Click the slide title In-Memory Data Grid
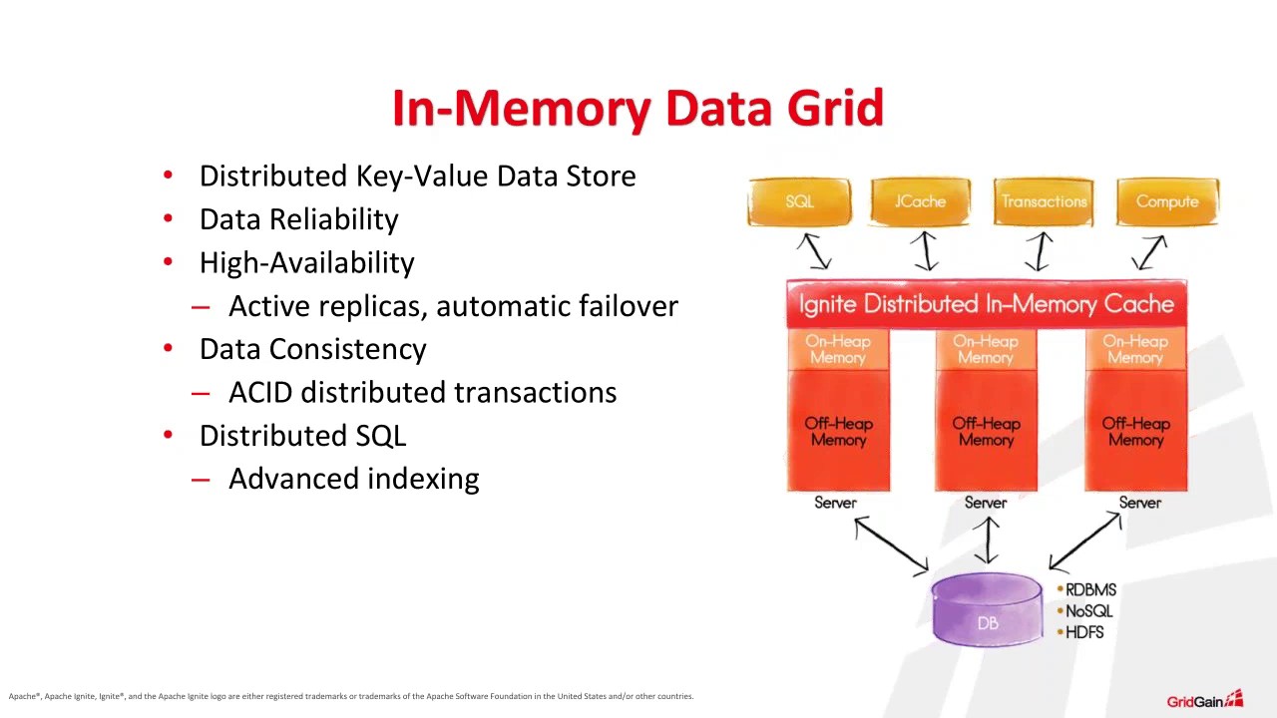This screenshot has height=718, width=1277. [x=638, y=108]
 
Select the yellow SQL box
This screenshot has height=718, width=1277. [x=799, y=201]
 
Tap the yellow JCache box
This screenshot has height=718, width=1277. [x=920, y=201]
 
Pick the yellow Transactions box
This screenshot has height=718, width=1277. [x=1044, y=201]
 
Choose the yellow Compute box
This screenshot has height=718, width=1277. [x=1166, y=201]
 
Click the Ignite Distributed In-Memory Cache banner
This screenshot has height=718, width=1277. [x=986, y=304]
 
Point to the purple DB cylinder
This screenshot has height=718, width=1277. [x=987, y=610]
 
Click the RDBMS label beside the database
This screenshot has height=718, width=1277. [x=1090, y=590]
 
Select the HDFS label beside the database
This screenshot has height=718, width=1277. [x=1084, y=632]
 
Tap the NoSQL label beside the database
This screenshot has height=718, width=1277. [x=1088, y=611]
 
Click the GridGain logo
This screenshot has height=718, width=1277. [x=1204, y=700]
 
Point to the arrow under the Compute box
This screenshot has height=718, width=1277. [x=1149, y=252]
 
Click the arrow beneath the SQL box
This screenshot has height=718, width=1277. [x=815, y=251]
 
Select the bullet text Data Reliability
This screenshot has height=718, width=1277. [x=298, y=219]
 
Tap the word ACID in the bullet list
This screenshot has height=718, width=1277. [x=260, y=393]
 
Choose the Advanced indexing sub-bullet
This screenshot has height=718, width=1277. [x=353, y=479]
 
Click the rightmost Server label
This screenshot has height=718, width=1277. [x=1139, y=503]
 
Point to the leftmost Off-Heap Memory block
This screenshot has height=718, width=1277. [x=838, y=432]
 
